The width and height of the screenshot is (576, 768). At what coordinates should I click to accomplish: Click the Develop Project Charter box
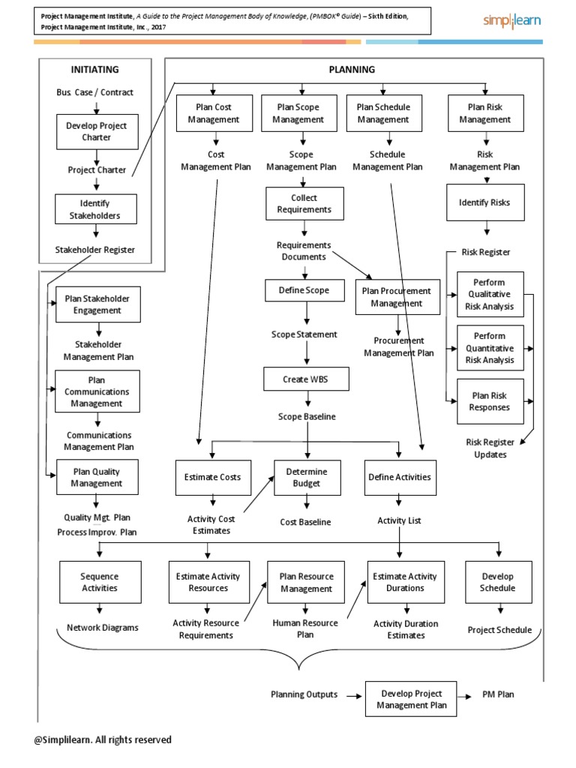point(95,131)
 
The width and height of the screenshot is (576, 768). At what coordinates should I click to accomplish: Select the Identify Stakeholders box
point(95,209)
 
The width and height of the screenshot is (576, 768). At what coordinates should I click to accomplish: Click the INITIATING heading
point(94,70)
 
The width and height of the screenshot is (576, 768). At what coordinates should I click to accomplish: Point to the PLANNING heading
point(352,70)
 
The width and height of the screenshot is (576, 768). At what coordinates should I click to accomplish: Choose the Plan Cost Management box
point(214,112)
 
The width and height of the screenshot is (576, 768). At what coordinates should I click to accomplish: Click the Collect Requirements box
point(304,204)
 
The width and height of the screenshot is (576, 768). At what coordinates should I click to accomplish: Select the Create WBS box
point(305,379)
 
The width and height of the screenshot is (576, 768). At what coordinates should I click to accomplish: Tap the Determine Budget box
point(305,478)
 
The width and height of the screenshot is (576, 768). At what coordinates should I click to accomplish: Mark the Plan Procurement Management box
point(397,297)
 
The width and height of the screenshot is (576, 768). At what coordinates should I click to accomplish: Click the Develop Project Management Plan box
point(411,699)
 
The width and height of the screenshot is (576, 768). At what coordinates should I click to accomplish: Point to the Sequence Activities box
point(99,582)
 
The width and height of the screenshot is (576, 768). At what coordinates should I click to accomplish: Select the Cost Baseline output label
point(305,522)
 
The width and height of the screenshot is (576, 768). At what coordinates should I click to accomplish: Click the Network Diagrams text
point(103,628)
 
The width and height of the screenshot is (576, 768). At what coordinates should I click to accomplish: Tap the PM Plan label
point(498,695)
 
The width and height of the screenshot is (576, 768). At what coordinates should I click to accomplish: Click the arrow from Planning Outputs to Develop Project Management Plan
point(352,696)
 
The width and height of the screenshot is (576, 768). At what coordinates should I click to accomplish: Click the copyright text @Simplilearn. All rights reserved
point(103,739)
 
